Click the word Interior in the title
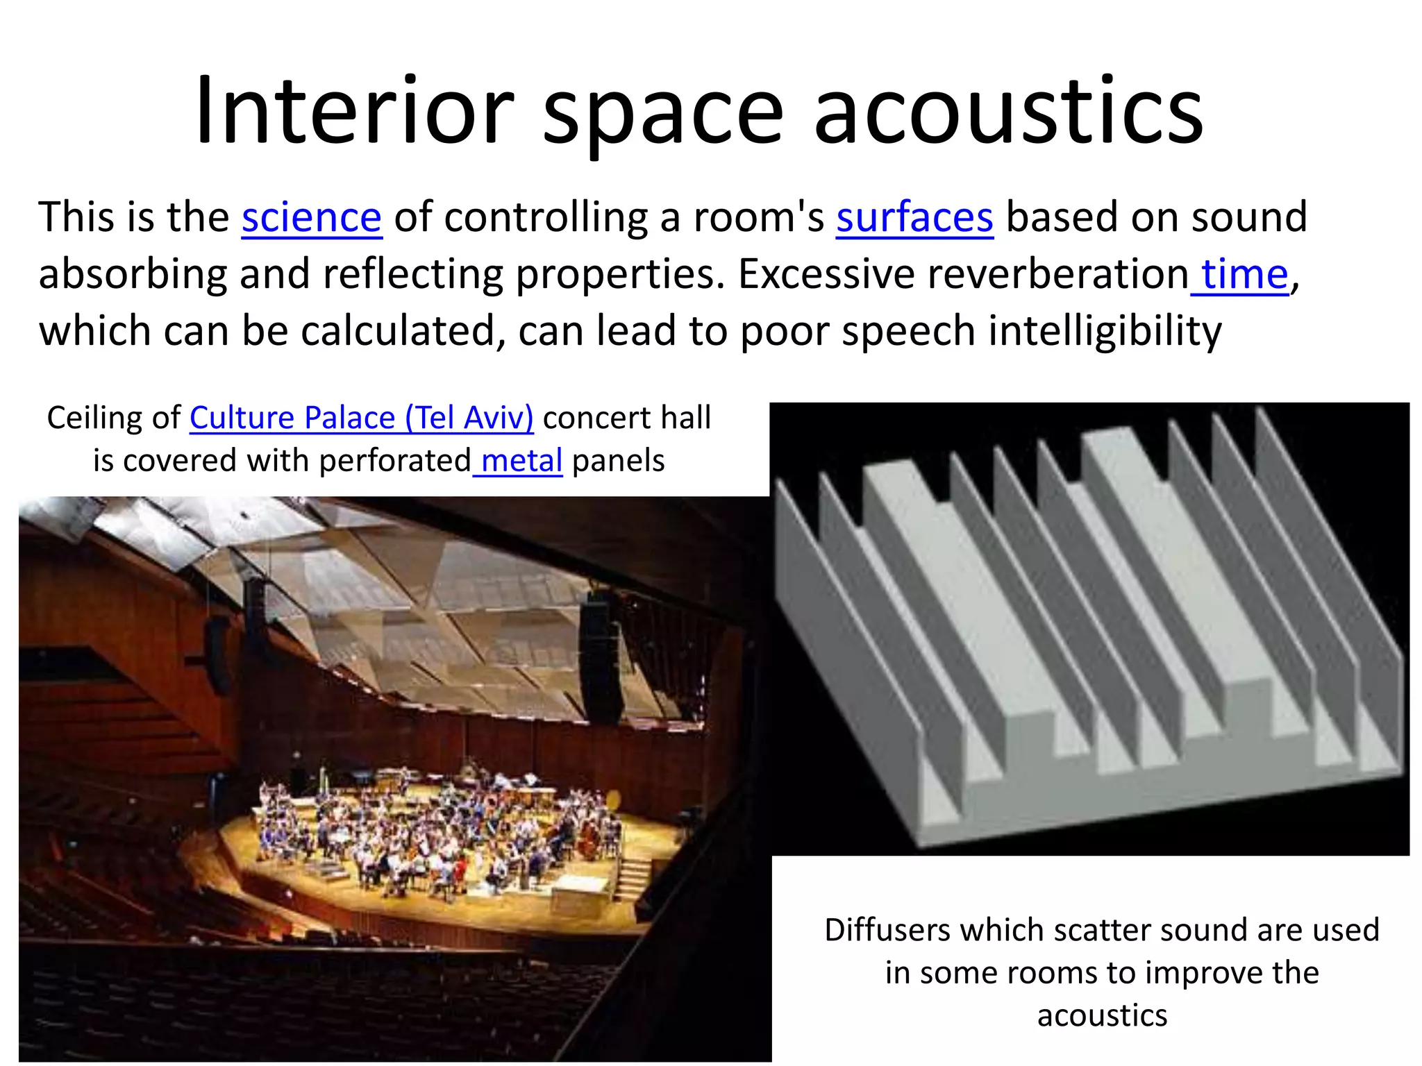[354, 112]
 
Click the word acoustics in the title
[1008, 112]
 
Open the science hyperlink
[312, 217]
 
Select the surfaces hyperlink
[914, 217]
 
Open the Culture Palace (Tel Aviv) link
[362, 418]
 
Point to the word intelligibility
[1105, 331]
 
